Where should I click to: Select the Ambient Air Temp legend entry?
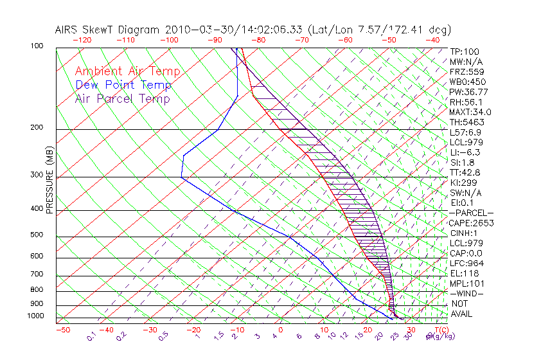[127, 71]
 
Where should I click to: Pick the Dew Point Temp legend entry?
[123, 85]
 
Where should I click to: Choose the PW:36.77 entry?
[468, 92]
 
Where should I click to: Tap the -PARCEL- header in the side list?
[471, 213]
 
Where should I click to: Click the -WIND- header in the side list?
[468, 293]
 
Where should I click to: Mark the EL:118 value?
[464, 273]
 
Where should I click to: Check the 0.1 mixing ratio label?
[91, 335]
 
